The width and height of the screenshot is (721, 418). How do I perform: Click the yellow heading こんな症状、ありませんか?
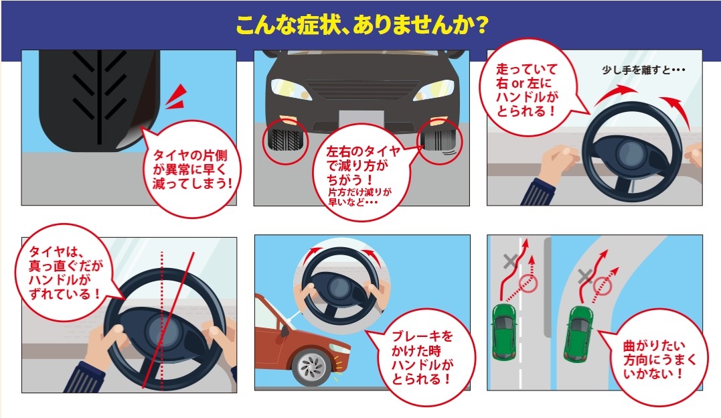click(362, 25)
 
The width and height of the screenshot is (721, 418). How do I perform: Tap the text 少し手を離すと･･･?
click(644, 70)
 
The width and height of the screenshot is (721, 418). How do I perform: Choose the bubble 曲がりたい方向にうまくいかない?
click(660, 359)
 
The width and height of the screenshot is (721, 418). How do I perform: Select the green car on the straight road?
click(504, 330)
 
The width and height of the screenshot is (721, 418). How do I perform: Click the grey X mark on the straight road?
click(511, 261)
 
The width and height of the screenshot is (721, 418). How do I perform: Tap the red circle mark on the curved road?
click(603, 286)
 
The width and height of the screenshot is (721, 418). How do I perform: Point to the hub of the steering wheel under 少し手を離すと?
click(629, 152)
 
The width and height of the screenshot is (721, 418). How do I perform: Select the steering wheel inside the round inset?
click(340, 289)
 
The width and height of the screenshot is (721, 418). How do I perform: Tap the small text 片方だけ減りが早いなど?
click(359, 197)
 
